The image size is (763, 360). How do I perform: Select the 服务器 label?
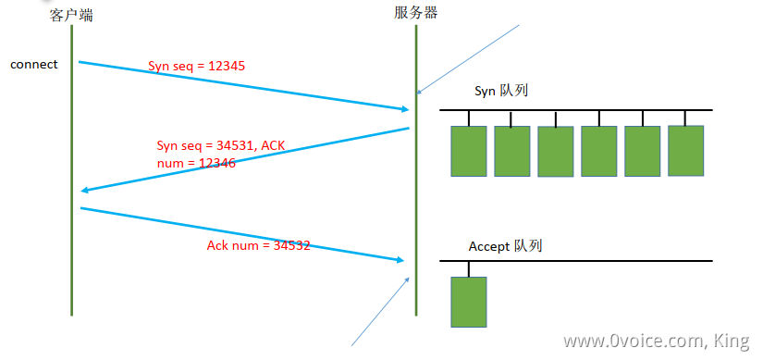[x=415, y=12]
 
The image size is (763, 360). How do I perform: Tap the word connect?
[x=34, y=65]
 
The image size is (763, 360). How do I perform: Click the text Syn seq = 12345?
[x=197, y=67]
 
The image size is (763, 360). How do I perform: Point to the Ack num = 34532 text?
[x=258, y=245]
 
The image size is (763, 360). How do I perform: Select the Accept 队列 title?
[x=505, y=246]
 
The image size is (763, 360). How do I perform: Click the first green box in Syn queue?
[x=469, y=151]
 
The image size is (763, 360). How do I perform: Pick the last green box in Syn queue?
[x=686, y=150]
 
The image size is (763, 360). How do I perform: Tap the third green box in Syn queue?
[x=556, y=152]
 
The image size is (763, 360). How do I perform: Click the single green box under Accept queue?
[x=469, y=302]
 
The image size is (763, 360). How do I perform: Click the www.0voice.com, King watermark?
[x=655, y=341]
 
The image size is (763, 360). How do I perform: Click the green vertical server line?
[x=416, y=185]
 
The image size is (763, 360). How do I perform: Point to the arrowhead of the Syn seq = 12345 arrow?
[x=405, y=109]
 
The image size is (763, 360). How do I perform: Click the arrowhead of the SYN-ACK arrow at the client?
[x=85, y=190]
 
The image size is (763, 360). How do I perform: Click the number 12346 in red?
[x=215, y=163]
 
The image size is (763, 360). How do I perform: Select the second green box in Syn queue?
[x=512, y=151]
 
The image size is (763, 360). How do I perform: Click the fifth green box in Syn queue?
[x=643, y=151]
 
